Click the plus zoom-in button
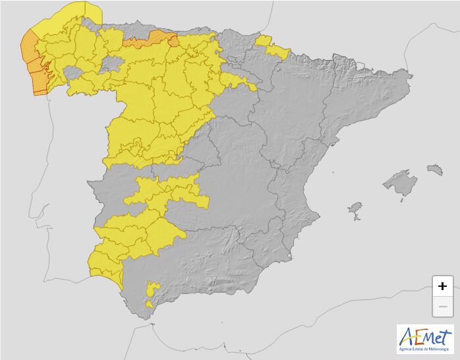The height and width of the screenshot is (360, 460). click(442, 285)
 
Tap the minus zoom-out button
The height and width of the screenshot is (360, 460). click(442, 307)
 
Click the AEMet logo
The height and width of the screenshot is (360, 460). click(425, 338)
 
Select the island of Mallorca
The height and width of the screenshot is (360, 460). click(401, 183)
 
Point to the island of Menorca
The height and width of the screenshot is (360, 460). click(434, 169)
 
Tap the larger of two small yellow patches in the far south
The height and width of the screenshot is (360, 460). click(153, 289)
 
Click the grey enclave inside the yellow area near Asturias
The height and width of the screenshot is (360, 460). click(112, 63)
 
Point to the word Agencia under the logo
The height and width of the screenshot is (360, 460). click(409, 349)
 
